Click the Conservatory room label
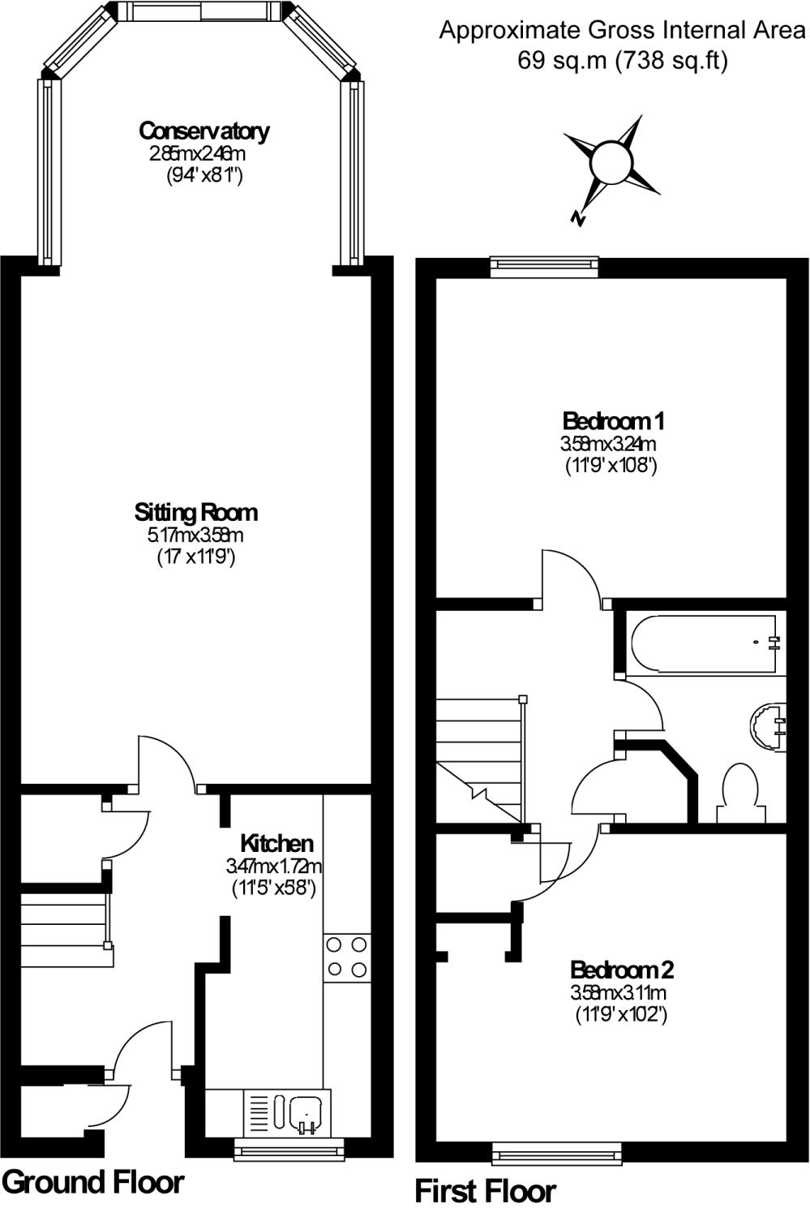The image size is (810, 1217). point(204,131)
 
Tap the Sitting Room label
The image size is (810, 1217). point(195,512)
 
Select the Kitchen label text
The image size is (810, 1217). point(276,842)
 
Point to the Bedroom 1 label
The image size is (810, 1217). point(613,421)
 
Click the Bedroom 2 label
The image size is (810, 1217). point(622,970)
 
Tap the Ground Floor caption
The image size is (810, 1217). point(94,1182)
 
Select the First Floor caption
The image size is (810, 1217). point(485,1191)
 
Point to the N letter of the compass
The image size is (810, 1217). point(578,217)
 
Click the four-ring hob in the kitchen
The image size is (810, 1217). point(346,957)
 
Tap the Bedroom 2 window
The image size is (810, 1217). point(557,1151)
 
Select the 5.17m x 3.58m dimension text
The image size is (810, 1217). point(195,535)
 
